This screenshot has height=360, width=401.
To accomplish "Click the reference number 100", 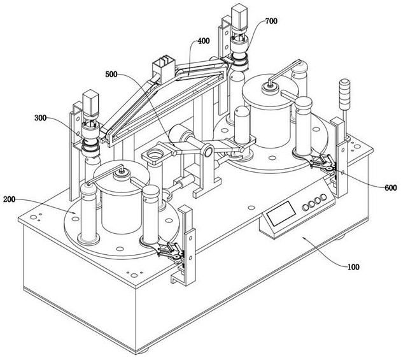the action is pos(353,267).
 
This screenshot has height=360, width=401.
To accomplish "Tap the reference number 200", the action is pos(9,199).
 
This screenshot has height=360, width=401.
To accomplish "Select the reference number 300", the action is pos(40,118).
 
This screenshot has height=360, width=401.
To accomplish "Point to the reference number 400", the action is pos(203,41).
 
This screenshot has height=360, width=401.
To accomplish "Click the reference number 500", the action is pos(111,75).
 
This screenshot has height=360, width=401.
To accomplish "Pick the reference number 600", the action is pos(391,188).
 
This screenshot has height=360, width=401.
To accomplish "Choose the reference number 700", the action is pos(271,21).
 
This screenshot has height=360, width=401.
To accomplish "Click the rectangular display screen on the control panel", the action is pos(281,213).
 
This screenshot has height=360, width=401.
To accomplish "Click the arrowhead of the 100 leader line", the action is pos(304,238).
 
